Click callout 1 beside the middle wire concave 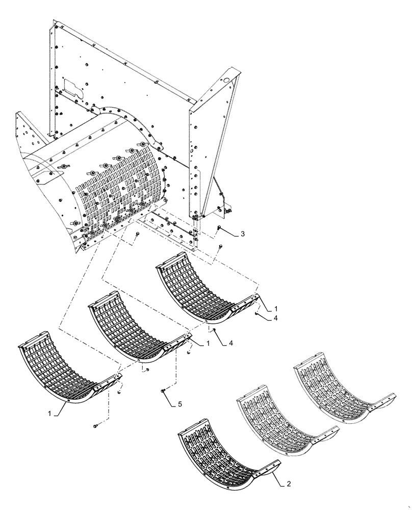point(208,344)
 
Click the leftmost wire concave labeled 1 point(61,372)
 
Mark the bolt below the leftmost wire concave point(95,425)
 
